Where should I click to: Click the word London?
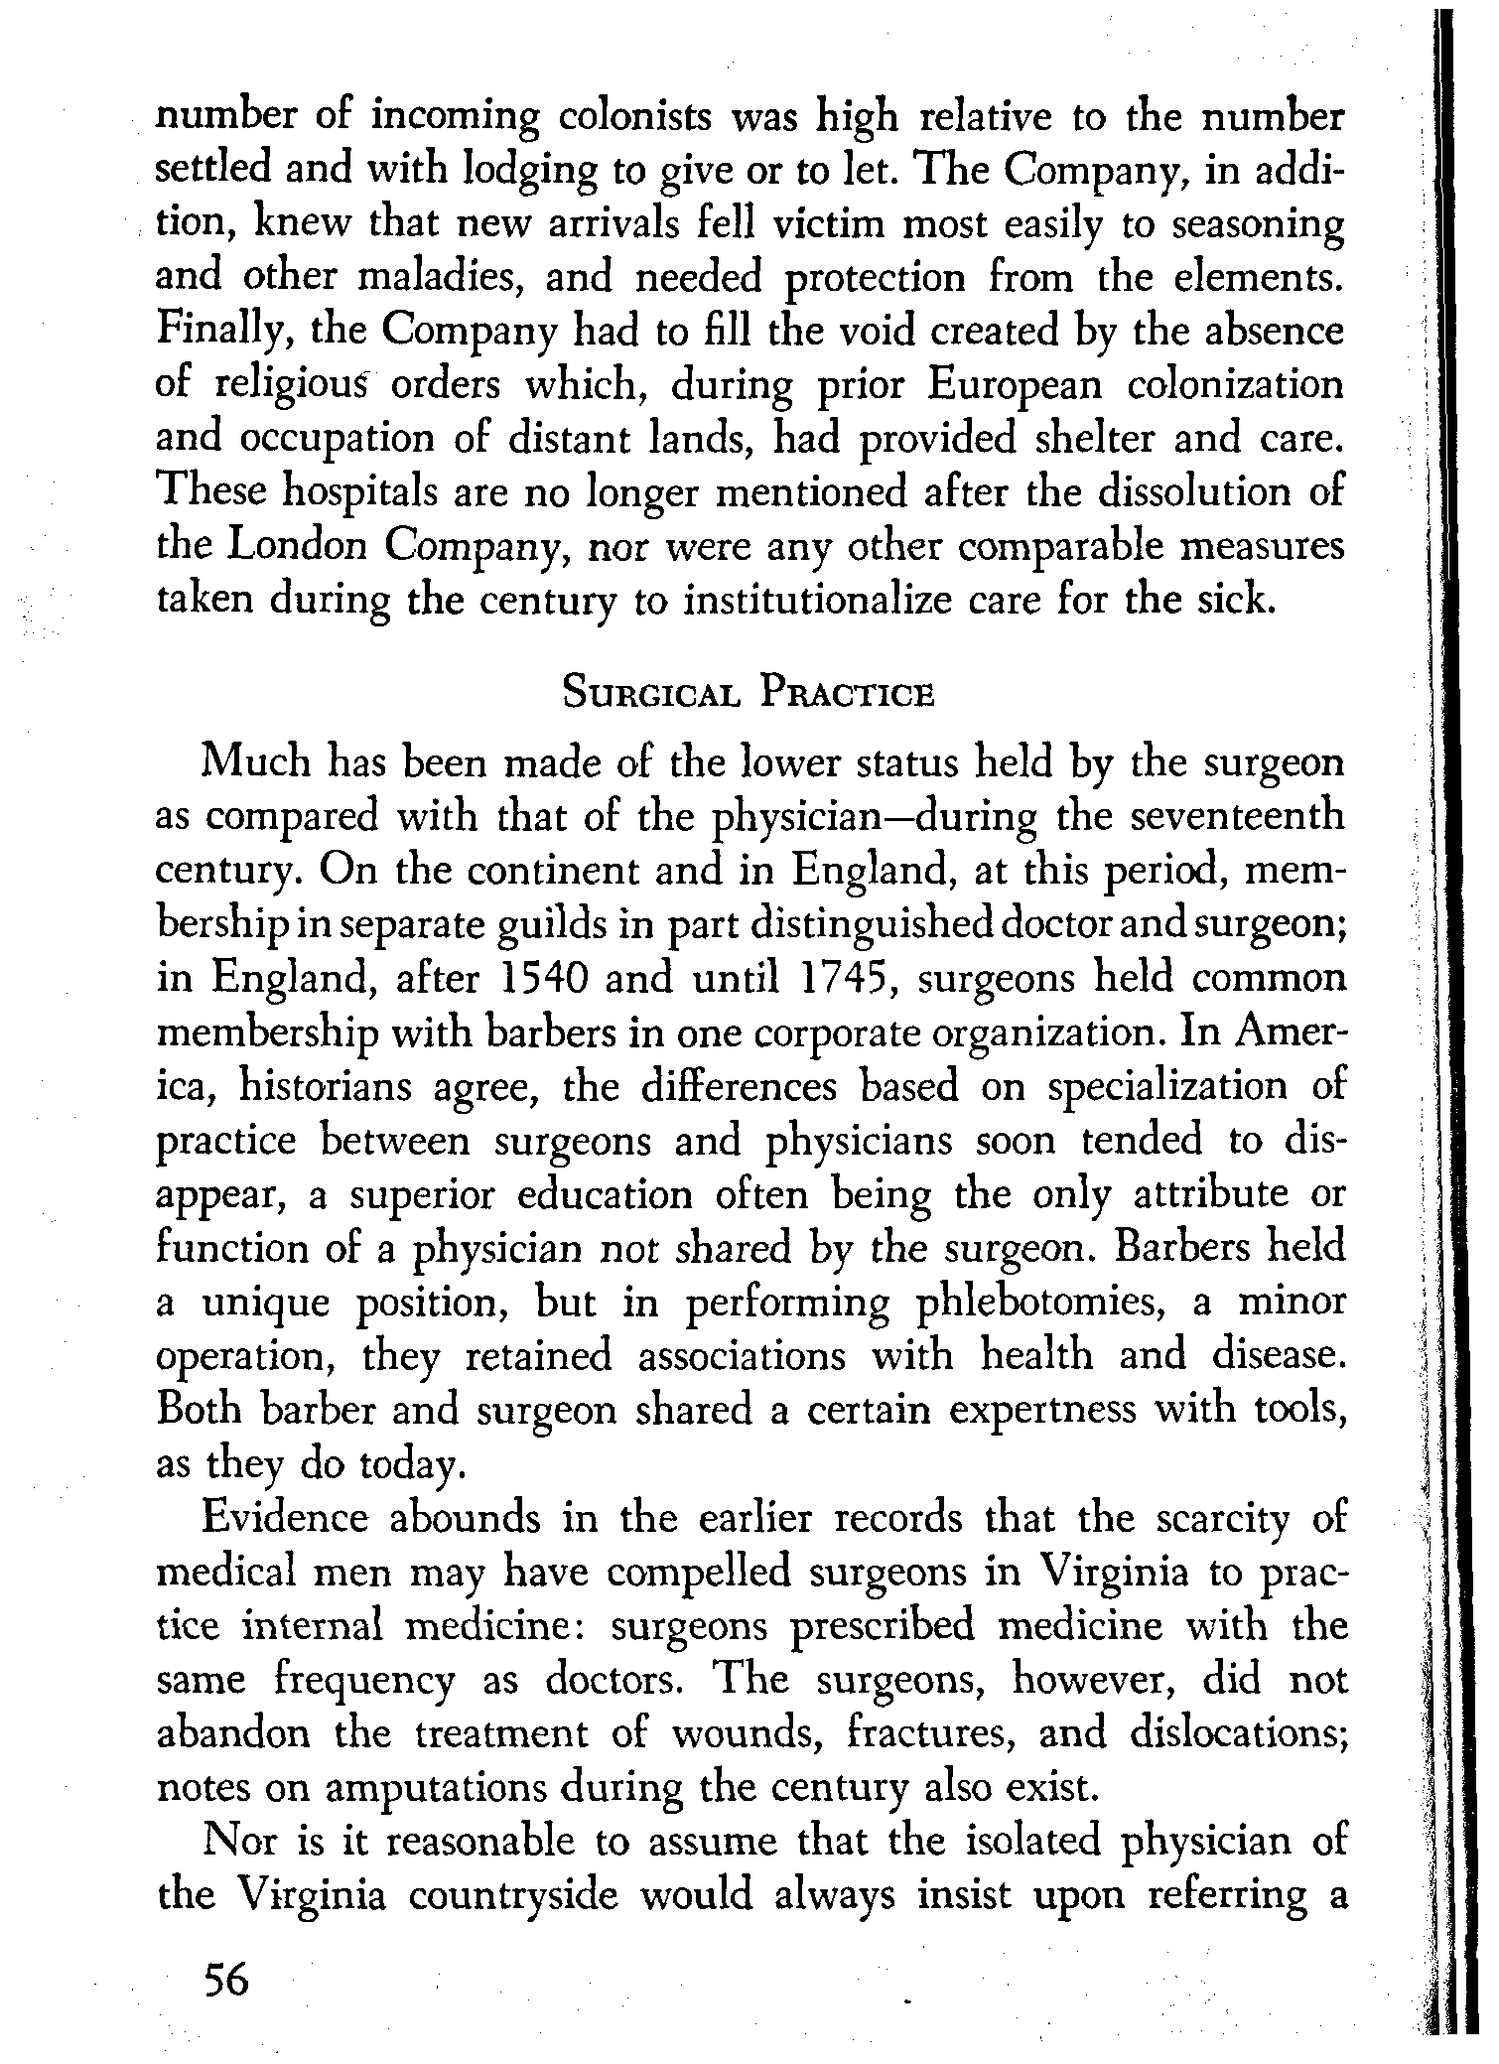pyautogui.click(x=298, y=545)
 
